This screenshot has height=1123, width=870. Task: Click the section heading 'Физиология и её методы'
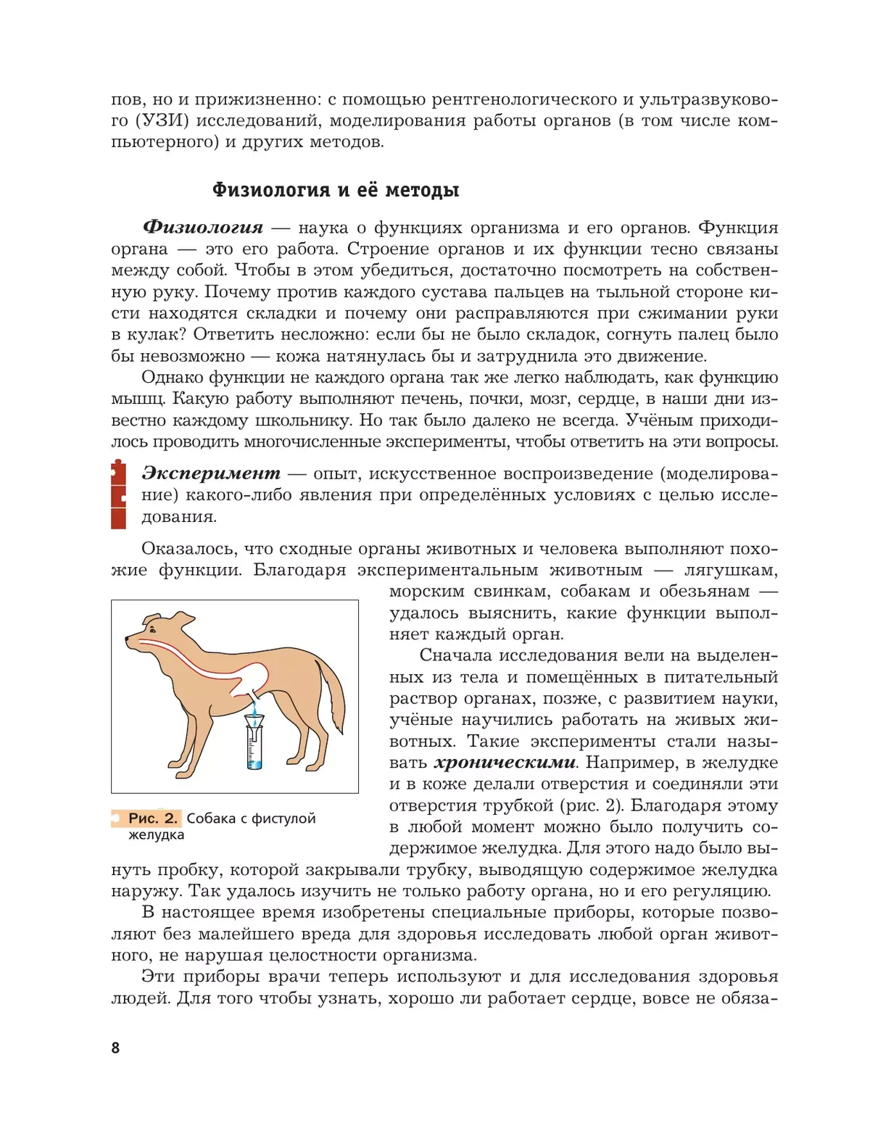click(335, 190)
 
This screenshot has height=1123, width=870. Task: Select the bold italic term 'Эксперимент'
click(211, 473)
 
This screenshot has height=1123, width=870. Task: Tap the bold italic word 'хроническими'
click(505, 763)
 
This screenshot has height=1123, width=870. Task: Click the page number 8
click(115, 1048)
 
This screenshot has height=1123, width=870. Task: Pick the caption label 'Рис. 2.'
click(152, 819)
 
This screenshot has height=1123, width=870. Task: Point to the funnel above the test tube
click(254, 721)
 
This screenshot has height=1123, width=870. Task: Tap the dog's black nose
click(128, 640)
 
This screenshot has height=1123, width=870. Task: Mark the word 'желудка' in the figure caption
click(157, 835)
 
